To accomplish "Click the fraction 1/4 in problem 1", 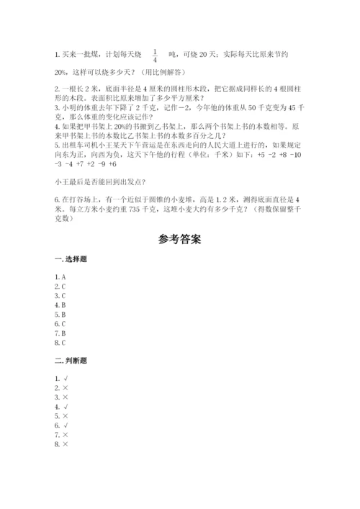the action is click(155, 54).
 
